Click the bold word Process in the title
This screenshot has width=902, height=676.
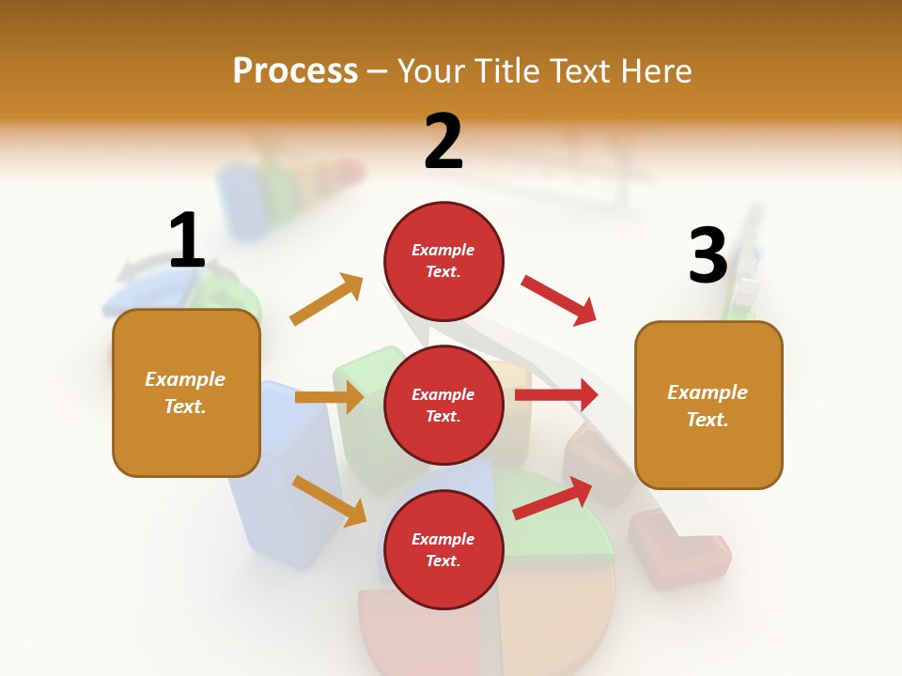pyautogui.click(x=295, y=70)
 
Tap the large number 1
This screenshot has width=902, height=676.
pyautogui.click(x=187, y=240)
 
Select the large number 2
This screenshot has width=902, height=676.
pyautogui.click(x=443, y=142)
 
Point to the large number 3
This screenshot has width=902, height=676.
pyautogui.click(x=708, y=256)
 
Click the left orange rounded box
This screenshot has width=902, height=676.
pyautogui.click(x=186, y=392)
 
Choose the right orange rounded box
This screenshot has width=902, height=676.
pyautogui.click(x=708, y=406)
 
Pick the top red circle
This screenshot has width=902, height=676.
pyautogui.click(x=443, y=261)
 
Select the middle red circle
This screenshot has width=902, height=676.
pyautogui.click(x=443, y=405)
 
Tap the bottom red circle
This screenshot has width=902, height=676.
pyautogui.click(x=443, y=549)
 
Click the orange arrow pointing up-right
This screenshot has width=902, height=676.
pyautogui.click(x=326, y=299)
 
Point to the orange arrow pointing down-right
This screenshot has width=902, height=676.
pyautogui.click(x=329, y=500)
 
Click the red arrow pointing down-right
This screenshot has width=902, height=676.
pyautogui.click(x=559, y=300)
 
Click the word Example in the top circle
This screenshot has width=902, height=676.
pyautogui.click(x=443, y=250)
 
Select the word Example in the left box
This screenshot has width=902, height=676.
pyautogui.click(x=185, y=379)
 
